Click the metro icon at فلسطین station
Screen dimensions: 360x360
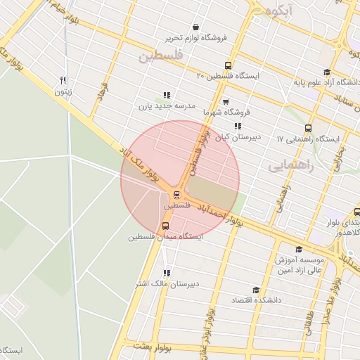click(x=177, y=194)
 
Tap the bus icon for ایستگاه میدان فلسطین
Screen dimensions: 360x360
click(x=165, y=226)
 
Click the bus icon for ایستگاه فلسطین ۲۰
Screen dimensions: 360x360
click(x=228, y=65)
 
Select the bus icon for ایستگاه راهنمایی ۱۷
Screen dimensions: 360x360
click(x=308, y=128)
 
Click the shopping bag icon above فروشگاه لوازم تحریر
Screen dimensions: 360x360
click(x=195, y=27)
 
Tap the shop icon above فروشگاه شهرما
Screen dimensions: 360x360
click(x=226, y=102)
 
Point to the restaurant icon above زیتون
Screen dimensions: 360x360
click(x=63, y=80)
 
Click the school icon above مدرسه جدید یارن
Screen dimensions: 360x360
click(x=166, y=95)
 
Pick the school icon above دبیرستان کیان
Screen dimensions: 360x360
click(x=238, y=126)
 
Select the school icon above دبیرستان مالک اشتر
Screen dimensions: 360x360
click(x=166, y=273)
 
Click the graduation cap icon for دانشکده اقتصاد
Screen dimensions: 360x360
click(x=255, y=290)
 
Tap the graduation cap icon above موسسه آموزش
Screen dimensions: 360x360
click(x=299, y=250)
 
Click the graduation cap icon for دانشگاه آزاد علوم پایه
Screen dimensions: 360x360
click(x=326, y=72)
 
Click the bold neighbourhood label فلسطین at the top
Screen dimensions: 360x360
click(x=161, y=54)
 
